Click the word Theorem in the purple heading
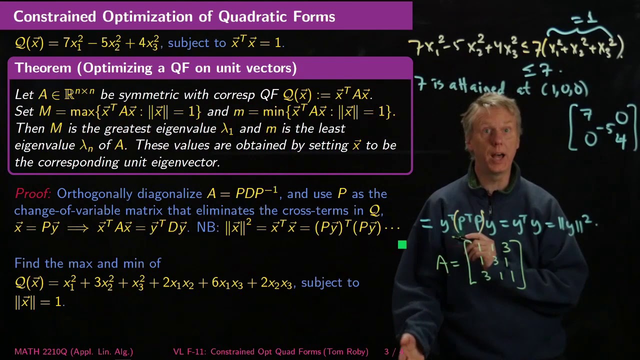(x=45, y=68)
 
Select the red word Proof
(x=32, y=193)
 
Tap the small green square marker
(x=402, y=244)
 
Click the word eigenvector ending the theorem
(x=189, y=162)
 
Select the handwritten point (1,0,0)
(x=564, y=89)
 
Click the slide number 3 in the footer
(x=386, y=352)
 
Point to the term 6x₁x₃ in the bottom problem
(x=225, y=283)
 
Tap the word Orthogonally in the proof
(x=95, y=194)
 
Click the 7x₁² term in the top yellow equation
(x=74, y=43)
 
